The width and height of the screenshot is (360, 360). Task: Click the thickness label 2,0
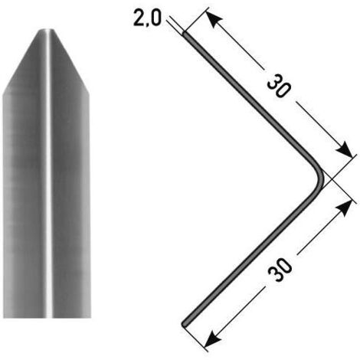click(x=147, y=18)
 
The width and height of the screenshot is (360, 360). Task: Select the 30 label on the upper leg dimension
click(x=279, y=86)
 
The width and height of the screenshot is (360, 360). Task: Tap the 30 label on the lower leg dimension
click(x=280, y=270)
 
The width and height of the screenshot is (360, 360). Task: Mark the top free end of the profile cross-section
click(x=185, y=34)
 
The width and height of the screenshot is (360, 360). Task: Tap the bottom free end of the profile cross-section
click(x=185, y=324)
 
